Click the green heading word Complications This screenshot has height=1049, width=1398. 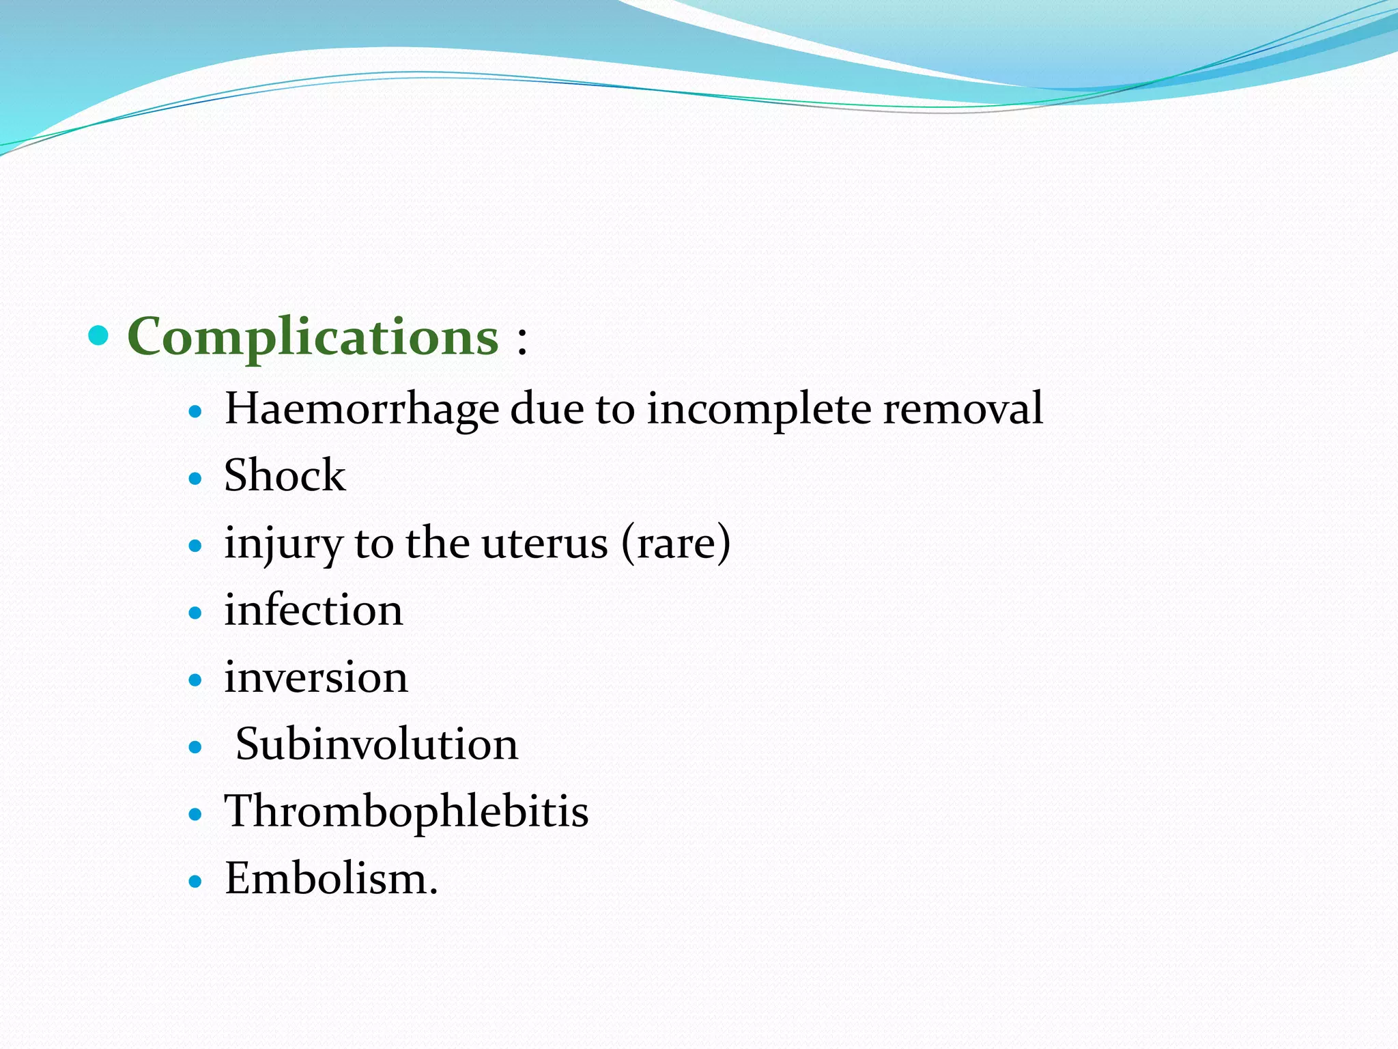coord(313,337)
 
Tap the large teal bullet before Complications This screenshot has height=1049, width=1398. coord(99,335)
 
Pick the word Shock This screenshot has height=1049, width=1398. coord(285,475)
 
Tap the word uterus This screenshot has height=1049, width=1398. coord(544,544)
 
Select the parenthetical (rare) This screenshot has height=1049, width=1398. coord(676,544)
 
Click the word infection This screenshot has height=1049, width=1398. coord(313,610)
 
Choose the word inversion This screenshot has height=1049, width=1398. coord(316,677)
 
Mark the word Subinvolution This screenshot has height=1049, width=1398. coord(376,744)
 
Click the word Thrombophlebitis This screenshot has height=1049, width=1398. coord(406,812)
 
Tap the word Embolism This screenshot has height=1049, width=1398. coord(330,879)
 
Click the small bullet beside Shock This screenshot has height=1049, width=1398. coord(196,479)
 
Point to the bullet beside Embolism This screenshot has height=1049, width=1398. coord(196,882)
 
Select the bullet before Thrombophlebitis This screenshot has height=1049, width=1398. coord(196,815)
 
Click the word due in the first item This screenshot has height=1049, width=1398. coord(547,408)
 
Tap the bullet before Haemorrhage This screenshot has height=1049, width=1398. coord(196,412)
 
